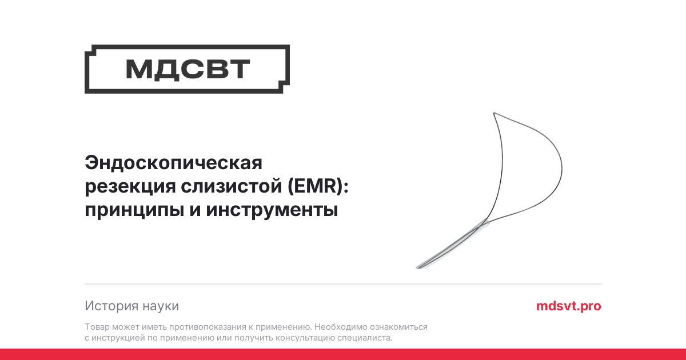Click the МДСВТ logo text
(188, 69)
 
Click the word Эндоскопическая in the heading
(173, 163)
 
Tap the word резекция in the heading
(130, 186)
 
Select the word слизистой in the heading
(231, 186)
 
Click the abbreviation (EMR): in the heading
(318, 186)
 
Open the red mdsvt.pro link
(569, 306)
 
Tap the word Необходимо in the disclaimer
(341, 327)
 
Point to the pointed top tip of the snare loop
(494, 113)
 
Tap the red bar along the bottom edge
(343, 354)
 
